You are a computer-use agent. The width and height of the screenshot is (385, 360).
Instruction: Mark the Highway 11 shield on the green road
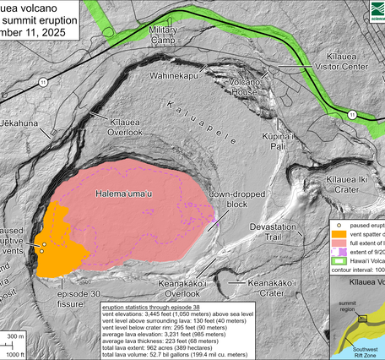(349, 112)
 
